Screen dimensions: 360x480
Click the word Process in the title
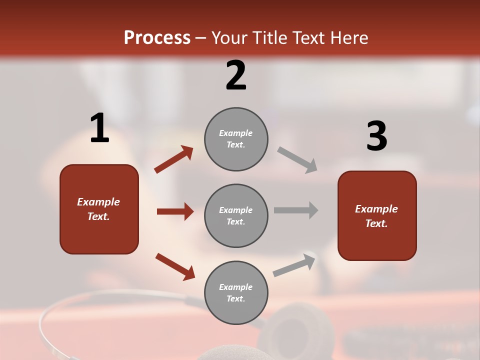pos(157,38)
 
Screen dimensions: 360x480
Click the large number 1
pos(99,128)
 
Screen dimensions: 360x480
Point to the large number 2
pos(236,75)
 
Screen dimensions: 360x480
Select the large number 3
pos(376,136)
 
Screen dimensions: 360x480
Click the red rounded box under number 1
pos(99,209)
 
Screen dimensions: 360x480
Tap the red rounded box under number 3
pos(377,215)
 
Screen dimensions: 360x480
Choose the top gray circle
pos(236,139)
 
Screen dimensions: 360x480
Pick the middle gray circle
pos(236,215)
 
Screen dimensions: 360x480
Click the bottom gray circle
pos(236,292)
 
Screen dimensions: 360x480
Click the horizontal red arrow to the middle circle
pos(175,211)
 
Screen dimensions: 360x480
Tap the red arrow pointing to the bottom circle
pos(175,266)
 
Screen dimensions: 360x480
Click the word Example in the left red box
pos(98,202)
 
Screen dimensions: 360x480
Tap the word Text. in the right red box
pos(376,223)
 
